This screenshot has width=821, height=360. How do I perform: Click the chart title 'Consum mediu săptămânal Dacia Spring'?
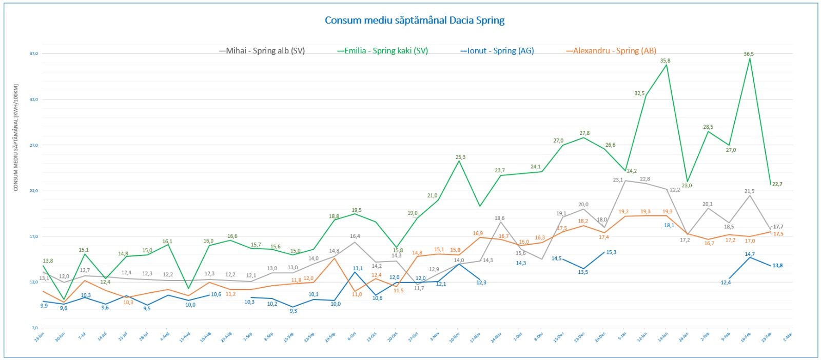415,21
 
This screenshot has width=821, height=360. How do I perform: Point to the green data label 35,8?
665,61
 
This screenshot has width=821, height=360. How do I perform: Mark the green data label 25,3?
460,157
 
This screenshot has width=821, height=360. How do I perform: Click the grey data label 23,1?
618,180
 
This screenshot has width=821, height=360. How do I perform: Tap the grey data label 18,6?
499,218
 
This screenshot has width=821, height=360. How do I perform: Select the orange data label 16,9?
478,233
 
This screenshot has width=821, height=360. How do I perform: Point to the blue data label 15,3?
611,252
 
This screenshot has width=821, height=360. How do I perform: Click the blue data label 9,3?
293,311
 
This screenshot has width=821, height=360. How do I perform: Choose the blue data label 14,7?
750,254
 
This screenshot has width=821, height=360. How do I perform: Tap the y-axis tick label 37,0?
33,53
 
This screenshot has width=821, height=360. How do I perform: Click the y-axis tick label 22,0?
33,191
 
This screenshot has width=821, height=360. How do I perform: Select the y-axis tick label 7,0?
34,328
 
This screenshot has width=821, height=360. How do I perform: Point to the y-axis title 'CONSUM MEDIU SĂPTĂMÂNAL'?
16,137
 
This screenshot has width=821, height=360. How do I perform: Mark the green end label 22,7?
777,184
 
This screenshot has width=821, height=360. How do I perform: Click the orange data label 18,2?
583,221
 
